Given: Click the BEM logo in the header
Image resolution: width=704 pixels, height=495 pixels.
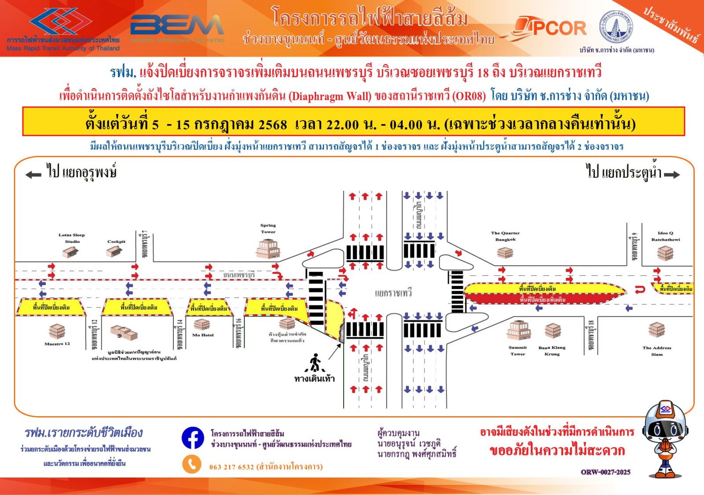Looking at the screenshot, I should point(177,26).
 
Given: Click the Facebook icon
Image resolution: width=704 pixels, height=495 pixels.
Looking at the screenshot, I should point(193,438).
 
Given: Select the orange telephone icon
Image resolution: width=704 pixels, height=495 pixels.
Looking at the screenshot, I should point(192,465).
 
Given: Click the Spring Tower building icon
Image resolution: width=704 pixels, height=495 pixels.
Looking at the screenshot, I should point(268,248).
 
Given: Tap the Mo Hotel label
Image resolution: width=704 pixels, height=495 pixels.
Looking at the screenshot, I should point(203,335).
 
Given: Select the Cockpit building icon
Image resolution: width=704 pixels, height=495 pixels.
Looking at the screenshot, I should point(115,251).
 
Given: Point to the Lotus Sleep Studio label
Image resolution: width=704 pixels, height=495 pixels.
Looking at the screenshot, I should point(72,238).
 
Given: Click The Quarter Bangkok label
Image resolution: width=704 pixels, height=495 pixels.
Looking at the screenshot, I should point(505,236).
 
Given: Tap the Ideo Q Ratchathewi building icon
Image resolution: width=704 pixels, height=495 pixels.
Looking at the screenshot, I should point(665,253).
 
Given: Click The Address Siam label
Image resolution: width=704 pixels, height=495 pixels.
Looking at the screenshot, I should point(656,351).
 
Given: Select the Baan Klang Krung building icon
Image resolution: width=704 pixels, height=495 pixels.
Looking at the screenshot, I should point(553,330).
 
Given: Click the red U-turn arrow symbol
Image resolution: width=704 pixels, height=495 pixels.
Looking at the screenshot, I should point(640,289).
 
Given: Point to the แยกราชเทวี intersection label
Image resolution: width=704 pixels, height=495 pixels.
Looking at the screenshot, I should point(393,293).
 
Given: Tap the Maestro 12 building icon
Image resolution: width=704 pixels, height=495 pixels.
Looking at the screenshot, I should point(57,331).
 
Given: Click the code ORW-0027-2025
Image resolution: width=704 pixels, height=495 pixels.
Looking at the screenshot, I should point(605,472).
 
